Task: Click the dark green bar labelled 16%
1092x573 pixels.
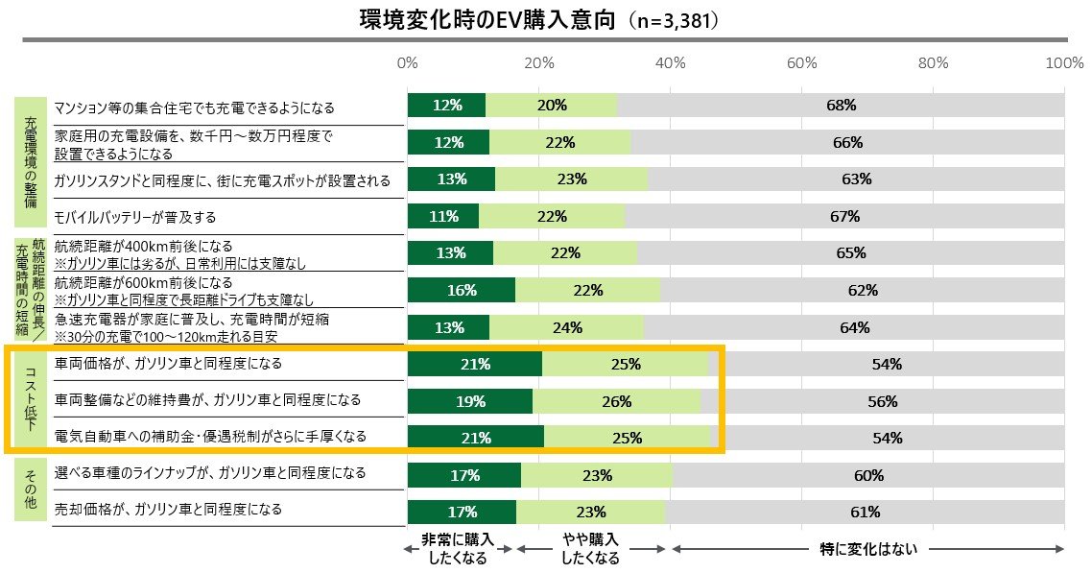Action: [x=461, y=290]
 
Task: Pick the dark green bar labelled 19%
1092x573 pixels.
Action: [x=469, y=401]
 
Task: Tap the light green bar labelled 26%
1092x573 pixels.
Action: [x=617, y=401]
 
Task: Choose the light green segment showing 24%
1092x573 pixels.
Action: [x=567, y=327]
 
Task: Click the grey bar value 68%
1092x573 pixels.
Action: [x=841, y=106]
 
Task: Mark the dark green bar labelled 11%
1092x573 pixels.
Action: [x=443, y=216]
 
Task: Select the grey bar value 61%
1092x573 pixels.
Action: [x=865, y=511]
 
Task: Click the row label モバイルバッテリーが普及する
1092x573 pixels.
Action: [x=135, y=217]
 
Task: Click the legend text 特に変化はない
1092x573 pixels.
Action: [x=868, y=550]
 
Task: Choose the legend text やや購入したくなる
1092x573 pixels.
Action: [x=590, y=550]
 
